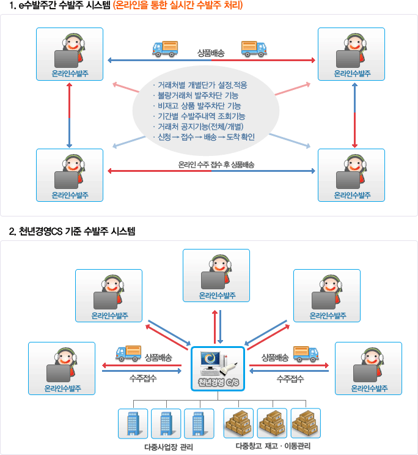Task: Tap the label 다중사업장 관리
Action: click(x=169, y=447)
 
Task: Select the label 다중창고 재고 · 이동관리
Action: click(x=273, y=446)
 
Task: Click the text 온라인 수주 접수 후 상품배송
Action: click(x=216, y=165)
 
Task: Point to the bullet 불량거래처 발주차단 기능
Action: click(x=196, y=95)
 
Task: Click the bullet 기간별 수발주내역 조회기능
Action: click(x=199, y=116)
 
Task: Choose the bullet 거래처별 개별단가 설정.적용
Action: click(x=200, y=85)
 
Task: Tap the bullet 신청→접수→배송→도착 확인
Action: click(x=204, y=137)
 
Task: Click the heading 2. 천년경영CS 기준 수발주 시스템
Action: click(x=72, y=231)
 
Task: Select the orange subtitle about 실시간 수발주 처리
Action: click(x=178, y=6)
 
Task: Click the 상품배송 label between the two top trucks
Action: click(x=211, y=53)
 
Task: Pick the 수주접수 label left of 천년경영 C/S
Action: click(x=143, y=378)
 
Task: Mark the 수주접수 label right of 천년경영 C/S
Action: click(x=290, y=379)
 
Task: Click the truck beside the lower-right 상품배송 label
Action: click(x=306, y=354)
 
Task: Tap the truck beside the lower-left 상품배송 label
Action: click(x=128, y=353)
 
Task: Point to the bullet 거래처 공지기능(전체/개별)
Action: click(x=198, y=127)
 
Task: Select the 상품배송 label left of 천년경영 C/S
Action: click(x=158, y=358)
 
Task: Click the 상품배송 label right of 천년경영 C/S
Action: click(x=275, y=358)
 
